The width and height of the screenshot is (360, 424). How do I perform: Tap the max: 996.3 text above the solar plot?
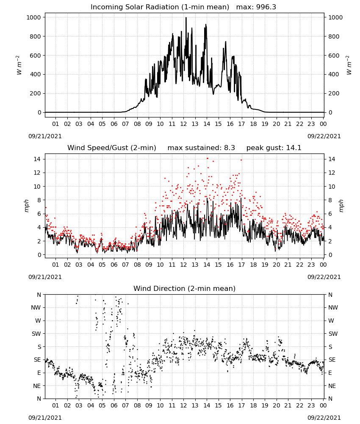click(256, 7)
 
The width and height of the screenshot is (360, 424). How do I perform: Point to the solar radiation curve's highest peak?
click(186, 18)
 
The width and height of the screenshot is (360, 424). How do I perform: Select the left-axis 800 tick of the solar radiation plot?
click(36, 36)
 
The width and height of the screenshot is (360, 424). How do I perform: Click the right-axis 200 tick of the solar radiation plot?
click(334, 93)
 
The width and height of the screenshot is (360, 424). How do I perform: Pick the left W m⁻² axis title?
click(19, 65)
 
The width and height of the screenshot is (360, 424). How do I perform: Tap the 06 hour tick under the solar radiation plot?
click(114, 124)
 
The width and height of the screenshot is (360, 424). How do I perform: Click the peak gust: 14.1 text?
click(274, 148)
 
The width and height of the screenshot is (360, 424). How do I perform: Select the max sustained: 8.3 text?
click(201, 148)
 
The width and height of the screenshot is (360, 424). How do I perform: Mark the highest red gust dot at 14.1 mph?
click(207, 159)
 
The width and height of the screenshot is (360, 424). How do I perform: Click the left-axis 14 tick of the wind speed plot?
click(37, 159)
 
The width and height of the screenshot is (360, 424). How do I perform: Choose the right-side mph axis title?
click(341, 206)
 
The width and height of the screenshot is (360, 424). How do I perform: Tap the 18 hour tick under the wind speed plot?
click(253, 265)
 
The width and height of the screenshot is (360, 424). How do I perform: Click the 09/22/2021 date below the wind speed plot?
click(324, 277)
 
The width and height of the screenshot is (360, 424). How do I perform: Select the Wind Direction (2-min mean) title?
click(185, 288)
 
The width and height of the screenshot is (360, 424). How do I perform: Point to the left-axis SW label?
click(36, 334)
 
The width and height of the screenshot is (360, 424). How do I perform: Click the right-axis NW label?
click(333, 307)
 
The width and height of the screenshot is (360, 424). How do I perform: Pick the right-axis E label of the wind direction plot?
click(330, 373)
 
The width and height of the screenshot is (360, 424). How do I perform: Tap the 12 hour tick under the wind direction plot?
click(184, 405)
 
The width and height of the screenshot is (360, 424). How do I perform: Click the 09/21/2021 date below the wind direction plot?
click(45, 418)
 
